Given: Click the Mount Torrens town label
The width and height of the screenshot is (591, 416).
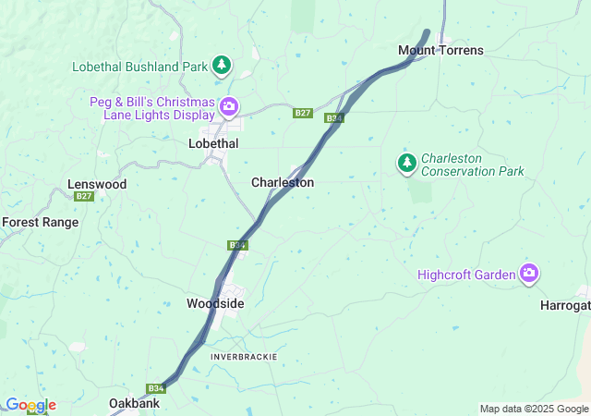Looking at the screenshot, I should pyautogui.click(x=440, y=50).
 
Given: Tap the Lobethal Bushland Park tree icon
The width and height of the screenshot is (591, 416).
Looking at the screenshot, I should pyautogui.click(x=221, y=66).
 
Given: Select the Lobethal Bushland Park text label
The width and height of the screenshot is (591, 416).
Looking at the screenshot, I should pyautogui.click(x=140, y=67).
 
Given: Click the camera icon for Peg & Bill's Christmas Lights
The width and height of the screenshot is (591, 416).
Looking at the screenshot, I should pyautogui.click(x=228, y=107).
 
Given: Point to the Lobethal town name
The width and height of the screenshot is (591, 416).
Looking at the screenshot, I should pyautogui.click(x=213, y=144).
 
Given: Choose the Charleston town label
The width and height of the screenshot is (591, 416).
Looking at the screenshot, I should pyautogui.click(x=283, y=183).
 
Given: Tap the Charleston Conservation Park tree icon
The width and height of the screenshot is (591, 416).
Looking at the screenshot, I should pyautogui.click(x=406, y=164).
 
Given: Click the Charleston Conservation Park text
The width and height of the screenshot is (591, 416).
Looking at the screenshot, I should pyautogui.click(x=473, y=165).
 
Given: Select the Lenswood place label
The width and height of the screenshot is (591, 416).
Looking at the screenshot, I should pyautogui.click(x=97, y=185).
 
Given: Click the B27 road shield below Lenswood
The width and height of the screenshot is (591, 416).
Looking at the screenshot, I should pyautogui.click(x=84, y=197).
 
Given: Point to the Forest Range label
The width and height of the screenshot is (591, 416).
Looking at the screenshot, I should pyautogui.click(x=41, y=223).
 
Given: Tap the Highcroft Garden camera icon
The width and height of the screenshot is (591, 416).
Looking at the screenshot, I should pyautogui.click(x=529, y=273).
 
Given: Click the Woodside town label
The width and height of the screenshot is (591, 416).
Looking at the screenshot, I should pyautogui.click(x=215, y=303).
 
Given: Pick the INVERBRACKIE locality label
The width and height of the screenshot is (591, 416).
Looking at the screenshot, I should pyautogui.click(x=244, y=357).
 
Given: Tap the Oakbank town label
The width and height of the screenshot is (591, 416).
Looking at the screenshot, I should pyautogui.click(x=135, y=404).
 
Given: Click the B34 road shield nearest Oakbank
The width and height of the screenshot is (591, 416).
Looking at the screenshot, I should pyautogui.click(x=155, y=389).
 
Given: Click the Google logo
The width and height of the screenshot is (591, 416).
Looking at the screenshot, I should pyautogui.click(x=30, y=405).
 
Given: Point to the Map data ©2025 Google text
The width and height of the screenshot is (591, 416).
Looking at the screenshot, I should pyautogui.click(x=533, y=410).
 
